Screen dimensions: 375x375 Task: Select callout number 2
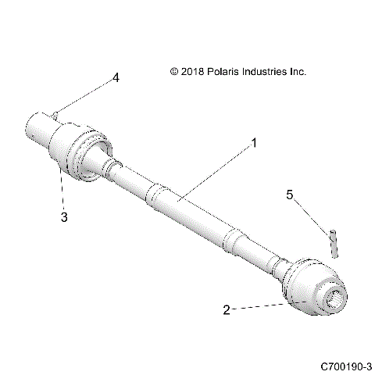point(227,309)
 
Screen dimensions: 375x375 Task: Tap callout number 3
point(65,218)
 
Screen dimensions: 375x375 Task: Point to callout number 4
point(116,77)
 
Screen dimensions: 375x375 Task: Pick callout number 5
point(290,196)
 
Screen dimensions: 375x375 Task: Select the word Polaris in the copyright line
point(221,71)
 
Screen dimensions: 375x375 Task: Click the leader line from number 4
point(86,96)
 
